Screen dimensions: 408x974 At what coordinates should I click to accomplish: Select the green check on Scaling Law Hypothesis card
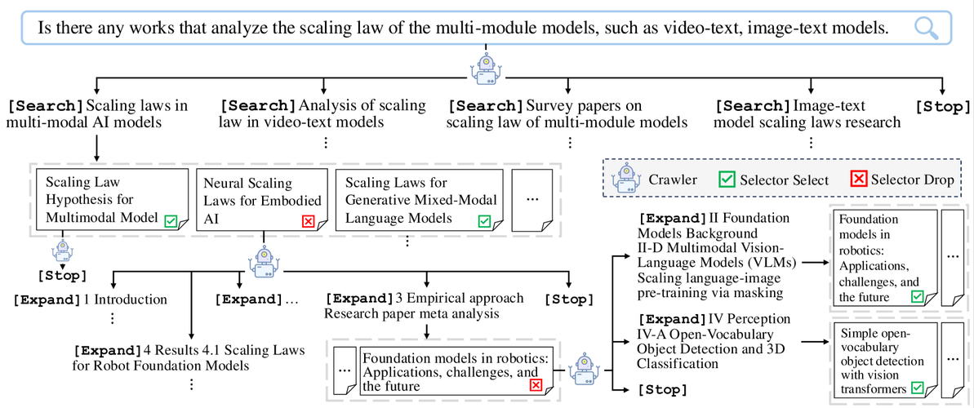(x=171, y=220)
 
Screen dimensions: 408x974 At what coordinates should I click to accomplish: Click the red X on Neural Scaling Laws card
(x=308, y=220)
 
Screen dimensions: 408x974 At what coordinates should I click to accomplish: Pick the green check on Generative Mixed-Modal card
(x=484, y=220)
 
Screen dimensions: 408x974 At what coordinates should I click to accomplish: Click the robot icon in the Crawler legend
(x=626, y=179)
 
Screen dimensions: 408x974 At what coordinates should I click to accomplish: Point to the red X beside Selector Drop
(x=858, y=180)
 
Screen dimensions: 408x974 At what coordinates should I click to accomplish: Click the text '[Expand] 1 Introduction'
(x=90, y=299)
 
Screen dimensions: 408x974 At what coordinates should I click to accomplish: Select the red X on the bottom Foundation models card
(x=536, y=386)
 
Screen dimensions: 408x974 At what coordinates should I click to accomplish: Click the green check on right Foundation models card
(x=917, y=297)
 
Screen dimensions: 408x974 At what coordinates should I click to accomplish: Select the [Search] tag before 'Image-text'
(x=751, y=105)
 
